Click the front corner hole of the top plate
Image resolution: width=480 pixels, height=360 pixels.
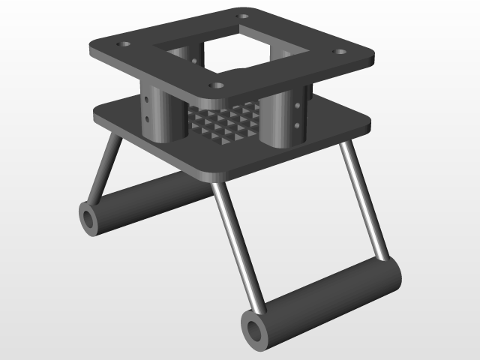(217, 85)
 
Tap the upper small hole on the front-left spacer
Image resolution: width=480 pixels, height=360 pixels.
(147, 98)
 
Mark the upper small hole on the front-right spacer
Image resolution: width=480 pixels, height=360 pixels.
(301, 106)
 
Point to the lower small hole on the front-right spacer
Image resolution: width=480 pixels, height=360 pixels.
(301, 125)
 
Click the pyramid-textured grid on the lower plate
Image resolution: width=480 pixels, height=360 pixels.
(225, 124)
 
